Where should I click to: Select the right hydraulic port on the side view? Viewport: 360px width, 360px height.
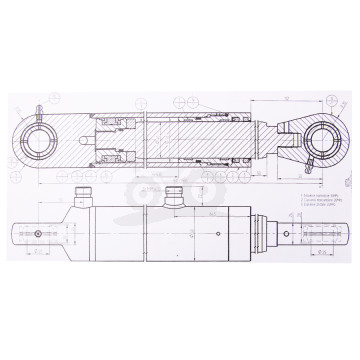(178, 195)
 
